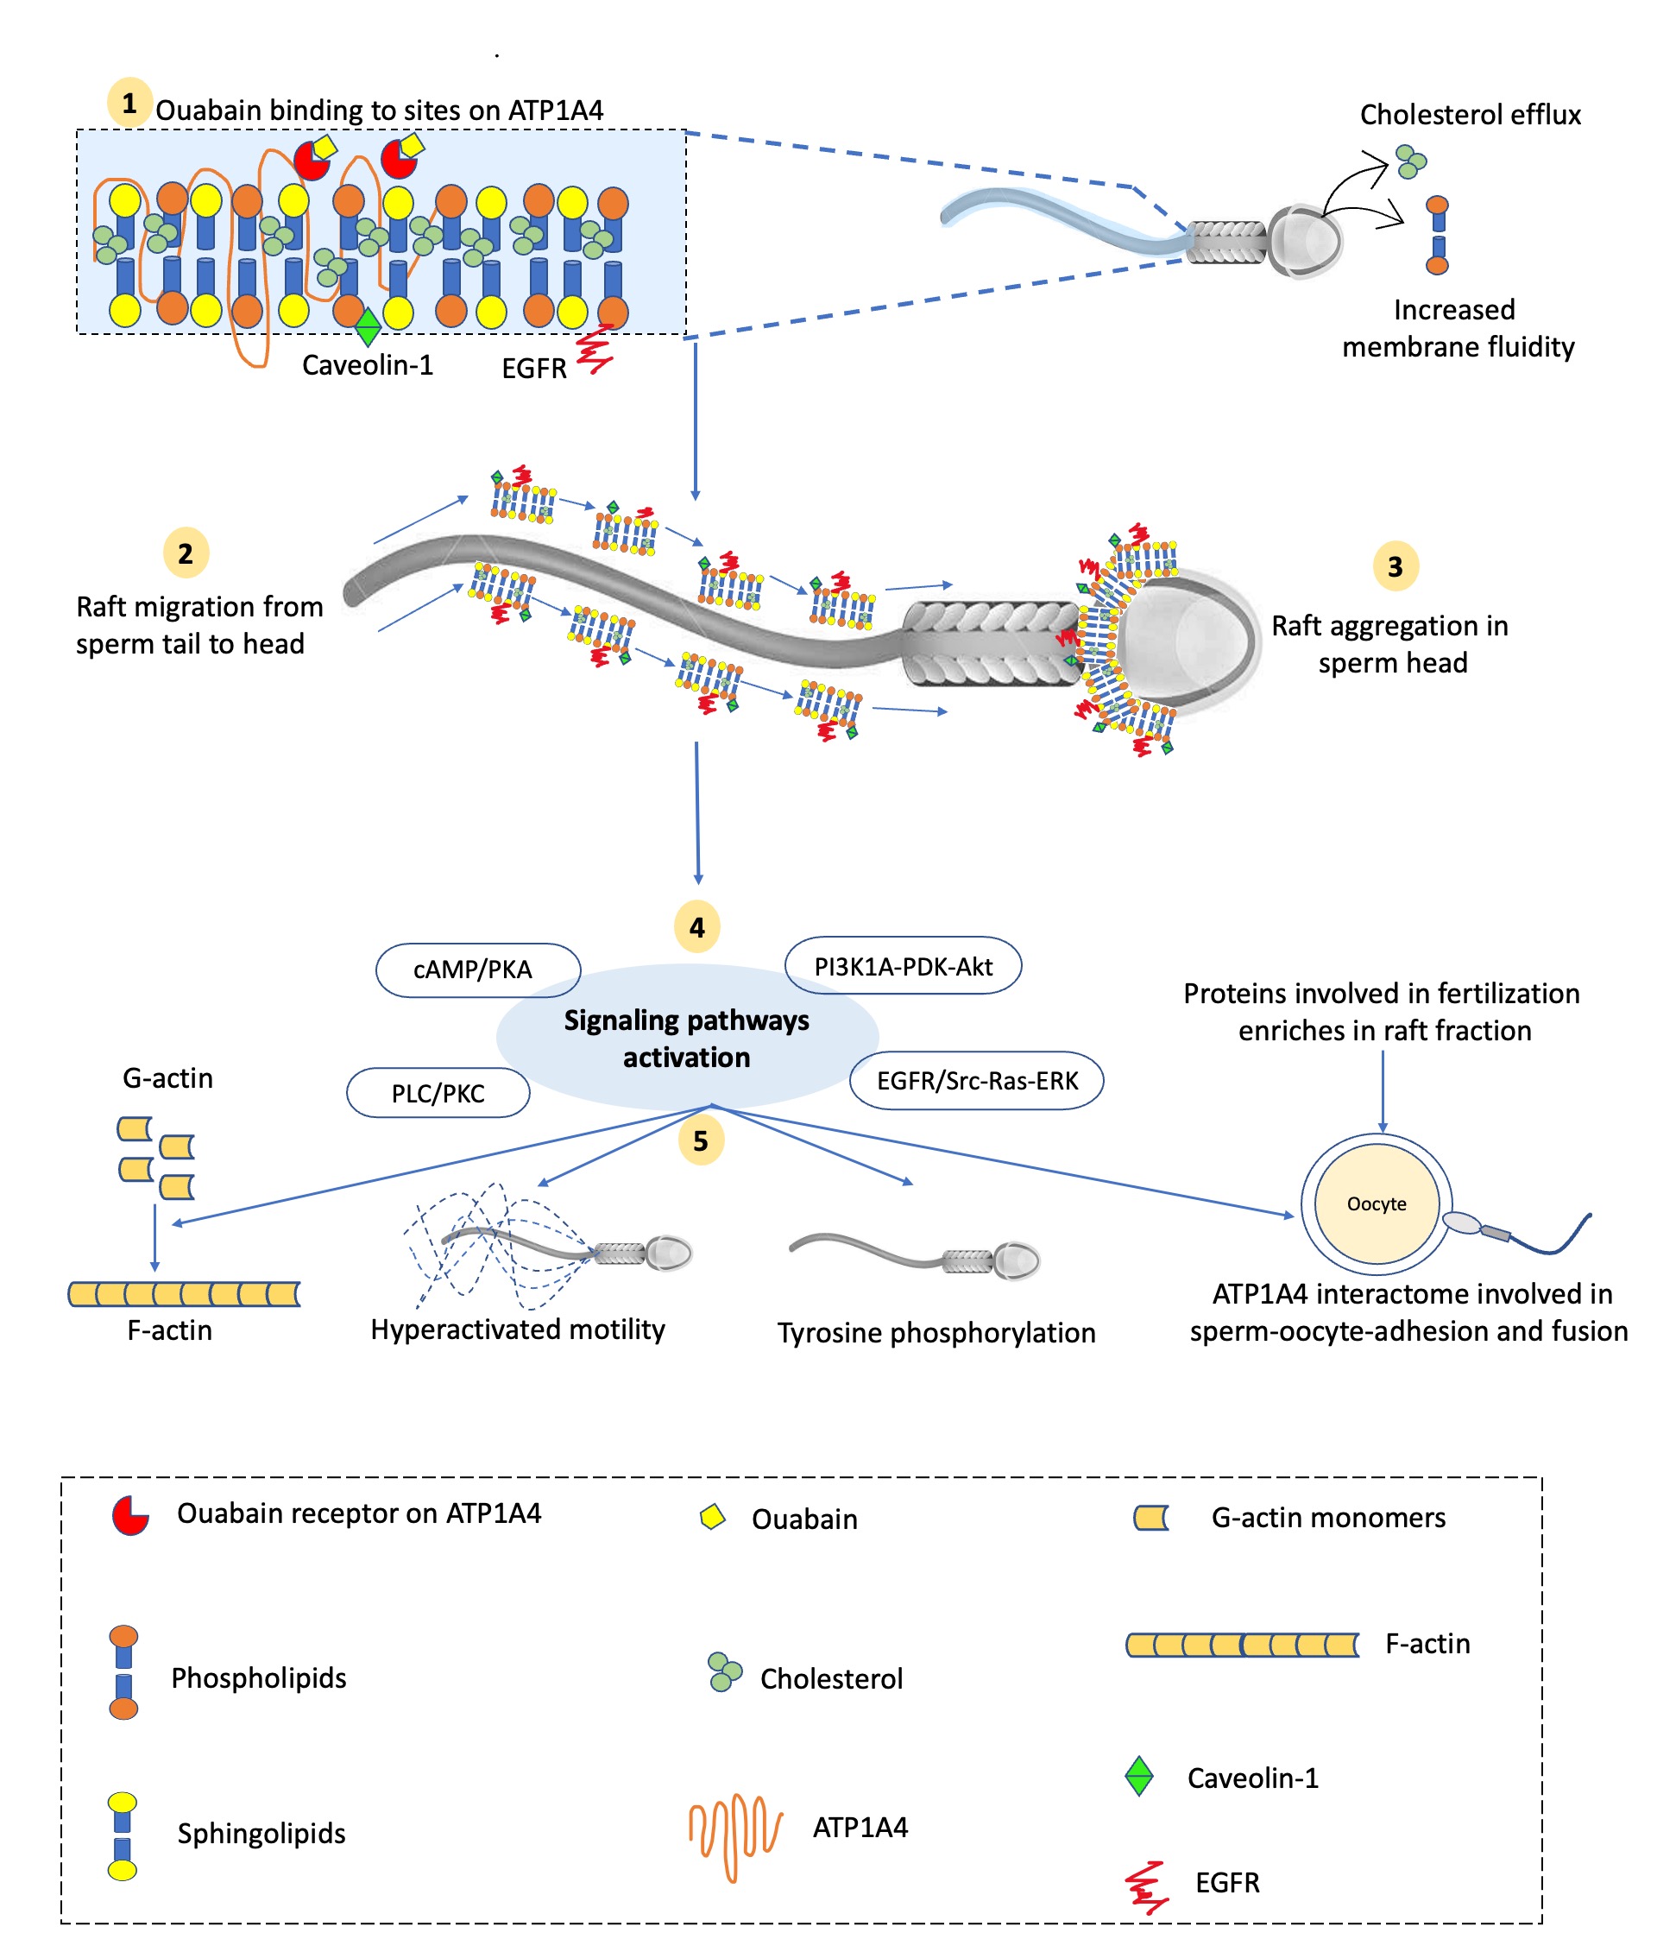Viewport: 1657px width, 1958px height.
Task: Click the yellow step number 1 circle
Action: (129, 103)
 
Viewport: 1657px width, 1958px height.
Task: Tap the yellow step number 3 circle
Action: (1395, 566)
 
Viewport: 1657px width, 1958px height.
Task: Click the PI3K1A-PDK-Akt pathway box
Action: (903, 966)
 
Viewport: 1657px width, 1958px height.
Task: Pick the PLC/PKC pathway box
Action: (438, 1093)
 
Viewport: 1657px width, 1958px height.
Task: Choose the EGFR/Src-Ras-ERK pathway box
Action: (976, 1081)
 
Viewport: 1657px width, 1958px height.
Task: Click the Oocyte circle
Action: (1377, 1203)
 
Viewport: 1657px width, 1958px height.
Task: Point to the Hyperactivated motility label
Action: (518, 1330)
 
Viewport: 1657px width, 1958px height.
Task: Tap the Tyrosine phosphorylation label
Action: (936, 1332)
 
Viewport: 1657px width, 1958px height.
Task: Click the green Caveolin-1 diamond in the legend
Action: (1138, 1776)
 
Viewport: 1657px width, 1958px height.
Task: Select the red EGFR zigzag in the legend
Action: (1146, 1886)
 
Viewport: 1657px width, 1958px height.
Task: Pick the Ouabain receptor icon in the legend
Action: (130, 1515)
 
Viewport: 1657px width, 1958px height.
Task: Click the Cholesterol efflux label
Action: (1469, 115)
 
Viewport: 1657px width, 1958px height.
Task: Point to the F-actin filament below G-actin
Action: (184, 1294)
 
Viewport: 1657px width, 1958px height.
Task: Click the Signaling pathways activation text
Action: (687, 1039)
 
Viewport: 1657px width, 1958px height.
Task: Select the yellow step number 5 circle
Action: (701, 1140)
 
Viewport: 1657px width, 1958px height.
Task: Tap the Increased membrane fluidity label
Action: (1457, 328)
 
